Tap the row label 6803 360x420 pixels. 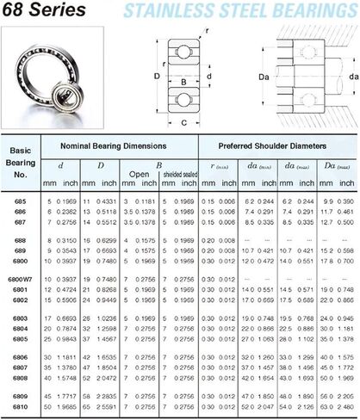[x=19, y=318]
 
